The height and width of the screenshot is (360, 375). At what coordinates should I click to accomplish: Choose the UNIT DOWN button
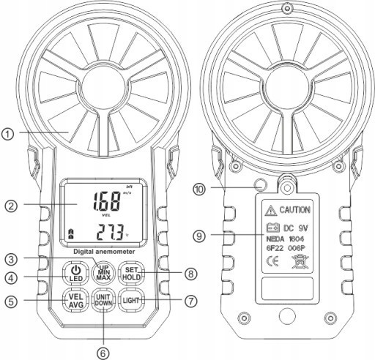[103, 301]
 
